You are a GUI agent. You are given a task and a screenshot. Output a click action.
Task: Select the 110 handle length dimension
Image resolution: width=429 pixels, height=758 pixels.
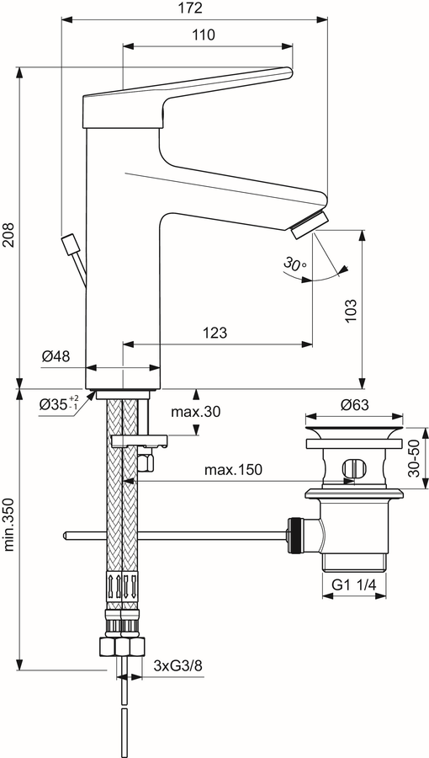[204, 35]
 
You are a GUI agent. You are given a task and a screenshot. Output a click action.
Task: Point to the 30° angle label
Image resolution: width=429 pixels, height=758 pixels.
[294, 264]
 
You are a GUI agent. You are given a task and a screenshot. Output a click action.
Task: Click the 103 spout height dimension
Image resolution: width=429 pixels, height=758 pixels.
[351, 310]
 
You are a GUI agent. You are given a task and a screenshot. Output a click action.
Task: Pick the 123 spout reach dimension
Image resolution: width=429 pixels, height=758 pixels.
[214, 333]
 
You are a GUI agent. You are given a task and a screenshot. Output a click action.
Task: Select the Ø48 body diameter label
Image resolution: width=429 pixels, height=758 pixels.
[56, 357]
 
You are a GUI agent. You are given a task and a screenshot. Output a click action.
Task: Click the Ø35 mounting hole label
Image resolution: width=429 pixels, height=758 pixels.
[60, 403]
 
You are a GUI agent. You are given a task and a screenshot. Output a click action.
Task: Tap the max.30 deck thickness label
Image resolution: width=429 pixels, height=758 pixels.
[195, 411]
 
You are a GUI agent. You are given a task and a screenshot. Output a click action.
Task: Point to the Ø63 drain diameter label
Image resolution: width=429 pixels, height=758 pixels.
[354, 404]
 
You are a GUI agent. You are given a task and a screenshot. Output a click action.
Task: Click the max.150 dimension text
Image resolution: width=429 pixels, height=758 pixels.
[233, 469]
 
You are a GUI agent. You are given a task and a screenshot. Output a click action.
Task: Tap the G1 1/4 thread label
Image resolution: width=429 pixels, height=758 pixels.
[354, 585]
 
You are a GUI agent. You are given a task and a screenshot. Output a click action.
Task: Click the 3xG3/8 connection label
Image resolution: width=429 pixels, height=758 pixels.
[178, 665]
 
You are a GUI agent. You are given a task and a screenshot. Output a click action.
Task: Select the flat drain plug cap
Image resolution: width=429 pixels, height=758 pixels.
[354, 432]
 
